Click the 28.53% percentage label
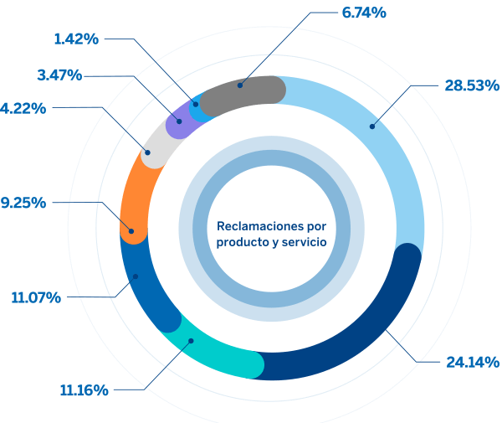point(471,85)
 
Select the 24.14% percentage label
point(472,362)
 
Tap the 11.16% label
point(84,390)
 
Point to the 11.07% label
point(35,297)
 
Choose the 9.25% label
point(23,202)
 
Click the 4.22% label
point(23,107)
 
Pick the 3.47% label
point(59,75)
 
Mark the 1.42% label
point(76,38)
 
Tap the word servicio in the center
point(303,242)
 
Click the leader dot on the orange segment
point(131,230)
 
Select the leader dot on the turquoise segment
point(191,340)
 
